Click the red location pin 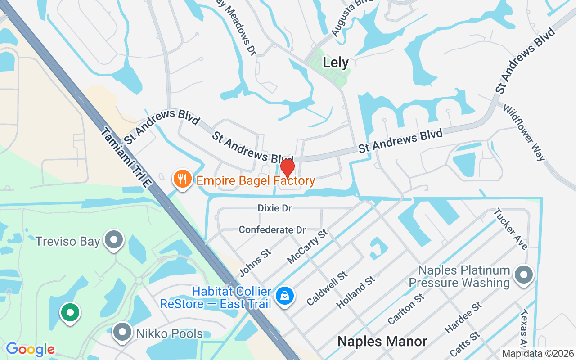point(287,168)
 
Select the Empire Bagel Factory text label point(255,181)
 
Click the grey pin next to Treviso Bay point(114,240)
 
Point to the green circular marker point(70,312)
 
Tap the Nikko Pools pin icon point(122,333)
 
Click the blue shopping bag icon point(285,296)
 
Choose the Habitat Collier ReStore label point(216,298)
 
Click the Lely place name point(336,63)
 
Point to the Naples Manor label point(382,341)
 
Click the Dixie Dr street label point(274,208)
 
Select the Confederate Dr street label point(272,230)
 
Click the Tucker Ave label point(510,229)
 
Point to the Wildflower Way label point(524,133)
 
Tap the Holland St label point(355,292)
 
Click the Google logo point(30,349)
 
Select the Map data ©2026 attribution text point(538,354)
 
